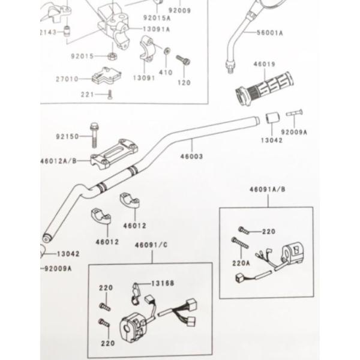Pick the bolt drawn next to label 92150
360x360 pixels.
pyautogui.click(x=94, y=134)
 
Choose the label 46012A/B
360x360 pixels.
pyautogui.click(x=59, y=161)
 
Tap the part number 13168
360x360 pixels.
pyautogui.click(x=163, y=283)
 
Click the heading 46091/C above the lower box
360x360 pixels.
pyautogui.click(x=151, y=246)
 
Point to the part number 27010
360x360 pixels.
pyautogui.click(x=68, y=79)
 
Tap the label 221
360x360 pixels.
pyautogui.click(x=88, y=94)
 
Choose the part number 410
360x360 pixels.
pyautogui.click(x=166, y=73)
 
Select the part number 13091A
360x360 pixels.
pyautogui.click(x=157, y=29)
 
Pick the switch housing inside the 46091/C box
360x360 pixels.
pyautogui.click(x=136, y=322)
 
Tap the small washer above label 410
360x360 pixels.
pyautogui.click(x=166, y=53)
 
